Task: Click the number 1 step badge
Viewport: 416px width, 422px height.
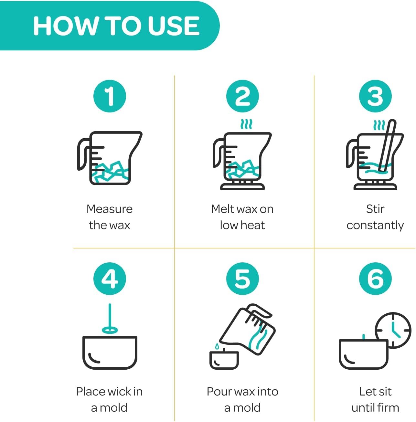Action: (x=110, y=96)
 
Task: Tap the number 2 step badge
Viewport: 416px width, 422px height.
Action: (x=242, y=96)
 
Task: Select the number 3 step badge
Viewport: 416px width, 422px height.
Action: (x=375, y=96)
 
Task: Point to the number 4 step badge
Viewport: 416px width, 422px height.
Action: (x=110, y=279)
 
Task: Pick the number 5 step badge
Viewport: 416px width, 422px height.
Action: (x=242, y=279)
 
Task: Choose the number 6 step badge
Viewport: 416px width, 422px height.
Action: (x=375, y=279)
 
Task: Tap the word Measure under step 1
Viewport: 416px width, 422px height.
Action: (x=110, y=209)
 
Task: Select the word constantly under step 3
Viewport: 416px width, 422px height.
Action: (x=375, y=226)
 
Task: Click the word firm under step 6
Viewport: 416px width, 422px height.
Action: (x=389, y=407)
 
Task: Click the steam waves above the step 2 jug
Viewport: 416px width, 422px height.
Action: (x=246, y=124)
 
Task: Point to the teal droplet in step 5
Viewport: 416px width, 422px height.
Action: (x=217, y=346)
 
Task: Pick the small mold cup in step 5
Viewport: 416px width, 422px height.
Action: (x=224, y=360)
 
